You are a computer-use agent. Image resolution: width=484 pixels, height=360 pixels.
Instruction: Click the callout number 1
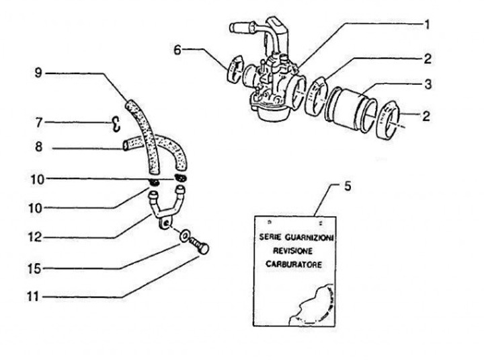pyautogui.click(x=426, y=24)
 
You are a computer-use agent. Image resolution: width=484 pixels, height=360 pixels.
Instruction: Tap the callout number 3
pyautogui.click(x=426, y=85)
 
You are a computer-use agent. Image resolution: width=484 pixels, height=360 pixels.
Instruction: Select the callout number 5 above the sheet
pyautogui.click(x=347, y=186)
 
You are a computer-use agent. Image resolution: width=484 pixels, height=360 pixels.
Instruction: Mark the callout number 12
pyautogui.click(x=39, y=238)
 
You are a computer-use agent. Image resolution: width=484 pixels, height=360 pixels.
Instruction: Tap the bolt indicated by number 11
pyautogui.click(x=200, y=246)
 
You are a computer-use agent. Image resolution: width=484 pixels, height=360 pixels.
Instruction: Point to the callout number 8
pyautogui.click(x=39, y=147)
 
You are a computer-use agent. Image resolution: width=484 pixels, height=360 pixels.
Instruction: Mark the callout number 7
pyautogui.click(x=39, y=122)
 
